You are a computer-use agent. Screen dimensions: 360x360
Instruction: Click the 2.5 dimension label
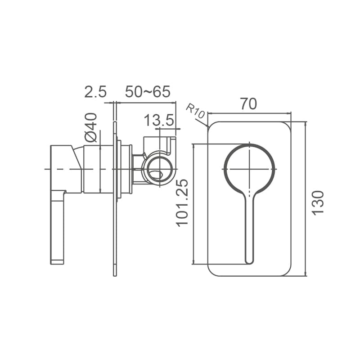[95, 92]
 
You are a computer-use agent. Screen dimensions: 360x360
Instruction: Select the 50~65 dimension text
[148, 92]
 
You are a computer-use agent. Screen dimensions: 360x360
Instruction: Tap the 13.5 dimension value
[159, 120]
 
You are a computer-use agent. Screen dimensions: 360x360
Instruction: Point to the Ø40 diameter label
[91, 127]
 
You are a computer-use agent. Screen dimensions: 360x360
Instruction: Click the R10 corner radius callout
[195, 111]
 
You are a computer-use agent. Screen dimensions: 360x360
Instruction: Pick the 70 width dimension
[249, 104]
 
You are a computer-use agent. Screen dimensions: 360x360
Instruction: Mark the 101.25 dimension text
[182, 203]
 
